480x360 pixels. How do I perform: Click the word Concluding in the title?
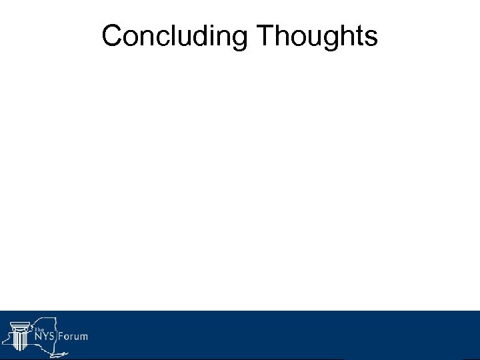pyautogui.click(x=175, y=37)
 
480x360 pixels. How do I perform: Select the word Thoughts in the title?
pyautogui.click(x=317, y=37)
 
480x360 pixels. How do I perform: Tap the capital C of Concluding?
pyautogui.click(x=112, y=37)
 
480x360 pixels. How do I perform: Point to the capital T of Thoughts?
pyautogui.click(x=263, y=37)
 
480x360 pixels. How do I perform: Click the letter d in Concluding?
pyautogui.click(x=200, y=37)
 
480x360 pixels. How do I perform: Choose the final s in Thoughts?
pyautogui.click(x=371, y=39)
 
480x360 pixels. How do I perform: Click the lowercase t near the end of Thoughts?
pyautogui.click(x=359, y=37)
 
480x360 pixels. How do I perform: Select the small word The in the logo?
pyautogui.click(x=39, y=329)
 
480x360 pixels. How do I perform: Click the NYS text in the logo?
pyautogui.click(x=44, y=337)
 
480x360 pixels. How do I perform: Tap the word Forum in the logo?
pyautogui.click(x=72, y=337)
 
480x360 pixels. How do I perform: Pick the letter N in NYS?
pyautogui.click(x=37, y=337)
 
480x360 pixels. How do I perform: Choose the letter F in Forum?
pyautogui.click(x=60, y=337)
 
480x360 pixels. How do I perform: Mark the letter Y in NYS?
pyautogui.click(x=44, y=337)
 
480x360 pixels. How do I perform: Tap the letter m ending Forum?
pyautogui.click(x=83, y=337)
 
